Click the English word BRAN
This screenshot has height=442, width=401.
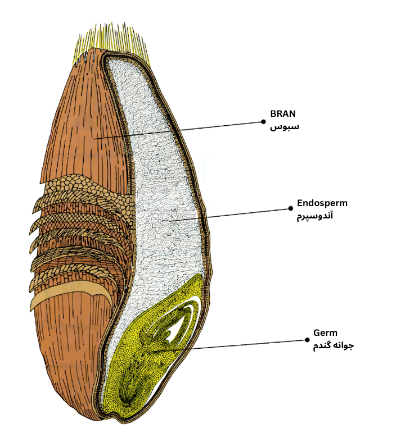click(283, 114)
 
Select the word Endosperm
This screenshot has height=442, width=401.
click(322, 203)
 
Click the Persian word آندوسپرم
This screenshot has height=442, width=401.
click(315, 216)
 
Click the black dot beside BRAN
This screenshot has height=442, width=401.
click(263, 121)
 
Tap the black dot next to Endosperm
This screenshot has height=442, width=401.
click(290, 209)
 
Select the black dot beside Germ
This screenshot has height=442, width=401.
click(307, 340)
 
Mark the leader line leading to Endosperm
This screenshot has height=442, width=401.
click(225, 215)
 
